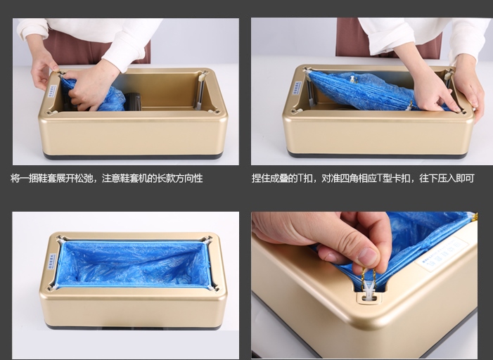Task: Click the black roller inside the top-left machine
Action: pyautogui.click(x=132, y=101)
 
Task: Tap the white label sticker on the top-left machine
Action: pyautogui.click(x=53, y=91)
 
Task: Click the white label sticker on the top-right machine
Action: pyautogui.click(x=297, y=88)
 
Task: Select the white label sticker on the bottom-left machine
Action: pyautogui.click(x=53, y=261)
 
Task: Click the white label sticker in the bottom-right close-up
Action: pyautogui.click(x=442, y=255)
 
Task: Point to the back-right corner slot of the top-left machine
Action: pyautogui.click(x=204, y=74)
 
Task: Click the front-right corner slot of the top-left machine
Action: pyautogui.click(x=215, y=110)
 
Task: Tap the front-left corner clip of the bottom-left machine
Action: pyautogui.click(x=53, y=288)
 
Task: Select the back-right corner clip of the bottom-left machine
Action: pyautogui.click(x=207, y=240)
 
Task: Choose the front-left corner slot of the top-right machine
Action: pyautogui.click(x=295, y=110)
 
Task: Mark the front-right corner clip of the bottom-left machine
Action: pyautogui.click(x=214, y=288)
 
